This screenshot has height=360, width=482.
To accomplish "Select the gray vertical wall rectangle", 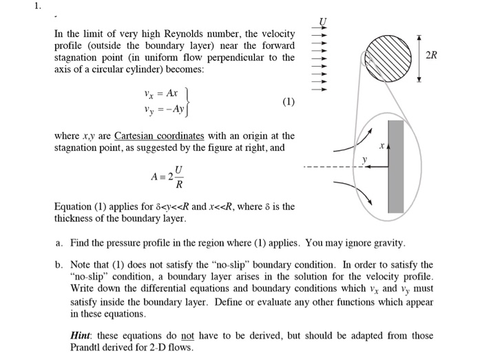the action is (395, 166).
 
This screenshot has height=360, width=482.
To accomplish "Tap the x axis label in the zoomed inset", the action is (379, 147).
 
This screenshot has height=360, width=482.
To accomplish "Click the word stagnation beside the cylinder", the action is (76, 58).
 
